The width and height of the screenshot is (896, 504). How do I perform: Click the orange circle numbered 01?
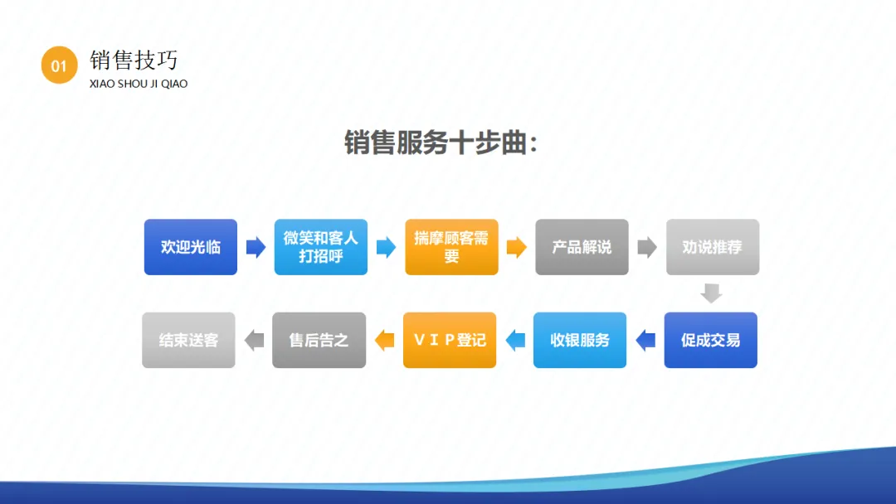(59, 65)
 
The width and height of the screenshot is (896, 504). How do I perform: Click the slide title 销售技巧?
(134, 60)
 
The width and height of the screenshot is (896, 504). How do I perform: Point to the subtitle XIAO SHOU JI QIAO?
(139, 84)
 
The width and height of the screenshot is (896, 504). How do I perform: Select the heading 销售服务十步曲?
(441, 143)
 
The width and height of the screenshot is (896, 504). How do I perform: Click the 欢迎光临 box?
(191, 247)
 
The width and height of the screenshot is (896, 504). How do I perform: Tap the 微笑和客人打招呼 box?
(321, 247)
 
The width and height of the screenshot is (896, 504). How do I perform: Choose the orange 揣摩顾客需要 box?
(451, 247)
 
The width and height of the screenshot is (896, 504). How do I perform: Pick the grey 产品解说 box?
(582, 247)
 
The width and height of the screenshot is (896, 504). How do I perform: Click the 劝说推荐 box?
(712, 247)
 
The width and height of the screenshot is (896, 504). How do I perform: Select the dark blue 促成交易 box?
(710, 340)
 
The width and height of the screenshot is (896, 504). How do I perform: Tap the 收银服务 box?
(580, 340)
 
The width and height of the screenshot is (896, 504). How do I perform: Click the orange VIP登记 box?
(450, 340)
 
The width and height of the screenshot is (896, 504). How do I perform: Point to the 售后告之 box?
(319, 340)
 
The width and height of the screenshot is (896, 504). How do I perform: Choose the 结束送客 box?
(189, 340)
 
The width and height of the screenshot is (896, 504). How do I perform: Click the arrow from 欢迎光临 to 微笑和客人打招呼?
(256, 247)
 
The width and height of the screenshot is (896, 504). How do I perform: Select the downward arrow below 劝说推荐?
(711, 293)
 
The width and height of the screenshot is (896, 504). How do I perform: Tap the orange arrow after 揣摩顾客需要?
(516, 247)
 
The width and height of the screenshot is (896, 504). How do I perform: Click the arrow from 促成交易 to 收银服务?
(645, 340)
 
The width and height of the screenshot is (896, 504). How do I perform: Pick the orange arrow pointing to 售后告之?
(384, 340)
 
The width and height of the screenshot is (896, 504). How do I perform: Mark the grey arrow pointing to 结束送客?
(254, 340)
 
